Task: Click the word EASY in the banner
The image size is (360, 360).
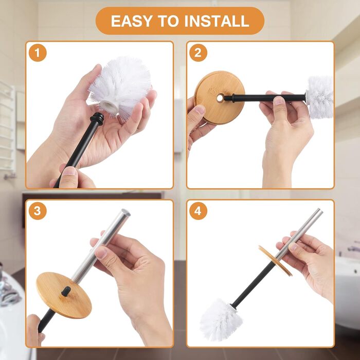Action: pos(131,21)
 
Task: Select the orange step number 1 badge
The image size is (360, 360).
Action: pos(38,53)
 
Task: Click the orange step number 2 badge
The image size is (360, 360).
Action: pos(198,53)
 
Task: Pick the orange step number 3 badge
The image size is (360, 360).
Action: pos(38,211)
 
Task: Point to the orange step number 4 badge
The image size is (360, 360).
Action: pos(198,211)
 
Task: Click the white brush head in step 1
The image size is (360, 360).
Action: pos(119,88)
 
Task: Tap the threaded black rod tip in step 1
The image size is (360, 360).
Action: pos(97,118)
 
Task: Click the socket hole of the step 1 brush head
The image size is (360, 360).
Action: pos(110,105)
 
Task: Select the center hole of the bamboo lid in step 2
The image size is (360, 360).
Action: pos(220,98)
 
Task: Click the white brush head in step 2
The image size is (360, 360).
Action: pos(319,97)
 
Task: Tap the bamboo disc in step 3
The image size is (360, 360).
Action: pos(64,295)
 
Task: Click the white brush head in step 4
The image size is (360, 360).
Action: pos(221,319)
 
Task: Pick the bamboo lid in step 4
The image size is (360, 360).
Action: pos(275,261)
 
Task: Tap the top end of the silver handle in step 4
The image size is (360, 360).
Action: pos(320,210)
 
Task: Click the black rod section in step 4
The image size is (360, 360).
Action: pos(253,284)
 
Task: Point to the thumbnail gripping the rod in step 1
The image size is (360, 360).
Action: pos(69,171)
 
